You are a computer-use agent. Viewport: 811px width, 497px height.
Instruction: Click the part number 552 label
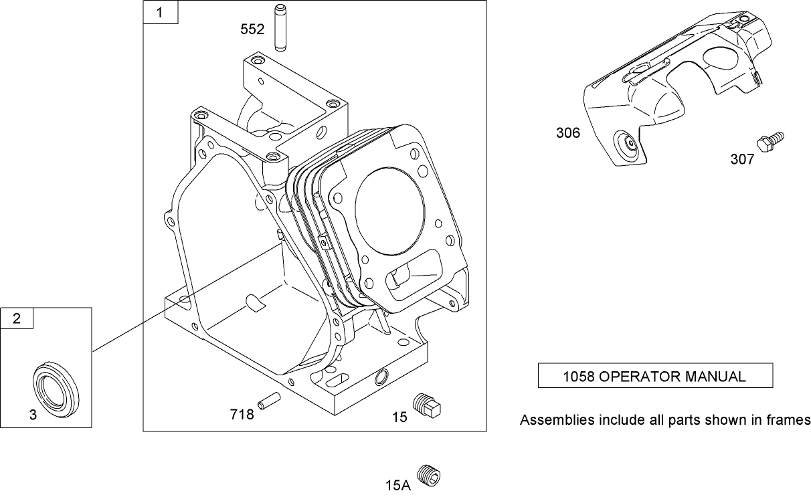coord(253,29)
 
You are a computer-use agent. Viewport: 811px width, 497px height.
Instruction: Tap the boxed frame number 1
coord(161,13)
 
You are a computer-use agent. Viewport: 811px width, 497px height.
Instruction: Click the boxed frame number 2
coord(17,319)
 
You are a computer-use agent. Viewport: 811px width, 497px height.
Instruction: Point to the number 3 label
coord(33,415)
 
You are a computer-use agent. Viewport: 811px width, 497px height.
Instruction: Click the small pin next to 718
coord(270,400)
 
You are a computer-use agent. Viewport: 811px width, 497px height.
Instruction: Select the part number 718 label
coord(242,415)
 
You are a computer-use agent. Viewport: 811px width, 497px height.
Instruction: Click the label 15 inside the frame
coord(399,417)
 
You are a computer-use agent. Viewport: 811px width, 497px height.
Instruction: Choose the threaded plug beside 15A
coord(428,476)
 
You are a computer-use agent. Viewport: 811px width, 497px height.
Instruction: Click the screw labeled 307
coord(770,141)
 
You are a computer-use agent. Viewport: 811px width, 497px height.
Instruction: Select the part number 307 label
coord(742,159)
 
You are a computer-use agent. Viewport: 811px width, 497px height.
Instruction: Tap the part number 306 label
coord(568,133)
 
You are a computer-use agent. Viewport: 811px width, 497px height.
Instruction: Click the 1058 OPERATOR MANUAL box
coord(655,376)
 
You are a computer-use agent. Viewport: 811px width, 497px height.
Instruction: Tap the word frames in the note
coord(789,420)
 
